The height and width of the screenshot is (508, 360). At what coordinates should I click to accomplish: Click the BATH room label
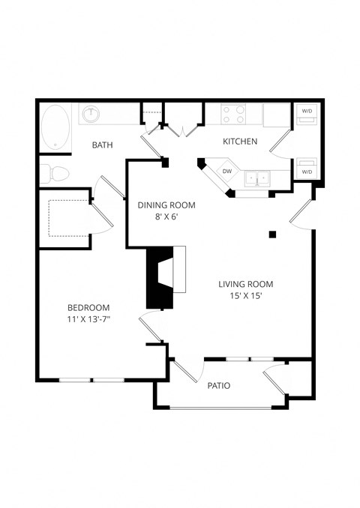click(103, 145)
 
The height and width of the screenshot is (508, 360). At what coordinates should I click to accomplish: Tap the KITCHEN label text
click(240, 141)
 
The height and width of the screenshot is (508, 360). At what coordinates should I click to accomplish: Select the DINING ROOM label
click(166, 205)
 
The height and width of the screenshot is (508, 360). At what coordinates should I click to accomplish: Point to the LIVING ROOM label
click(245, 284)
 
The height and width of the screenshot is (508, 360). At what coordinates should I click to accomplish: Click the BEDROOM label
click(88, 307)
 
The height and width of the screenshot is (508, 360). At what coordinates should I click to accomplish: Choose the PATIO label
click(218, 386)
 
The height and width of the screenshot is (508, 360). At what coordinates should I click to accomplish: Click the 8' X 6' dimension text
click(166, 217)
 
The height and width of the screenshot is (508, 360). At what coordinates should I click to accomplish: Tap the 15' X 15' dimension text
click(245, 296)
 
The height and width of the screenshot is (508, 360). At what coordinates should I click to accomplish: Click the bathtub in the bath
click(55, 126)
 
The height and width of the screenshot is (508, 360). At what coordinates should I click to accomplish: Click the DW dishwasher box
click(226, 172)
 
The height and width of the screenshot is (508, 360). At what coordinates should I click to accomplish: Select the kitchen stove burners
click(235, 113)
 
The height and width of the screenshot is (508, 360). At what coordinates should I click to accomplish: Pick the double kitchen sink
click(260, 179)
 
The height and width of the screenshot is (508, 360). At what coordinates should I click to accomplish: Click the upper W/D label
click(307, 112)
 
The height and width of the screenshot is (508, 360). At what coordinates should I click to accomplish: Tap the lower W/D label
click(307, 172)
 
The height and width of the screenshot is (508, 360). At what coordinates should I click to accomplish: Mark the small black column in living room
click(273, 235)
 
